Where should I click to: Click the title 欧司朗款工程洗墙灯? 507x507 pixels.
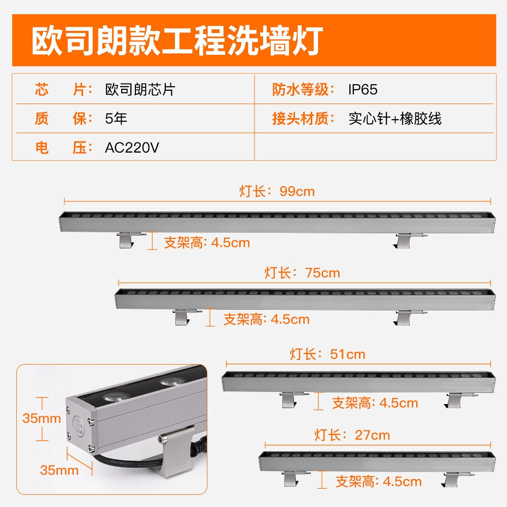177,41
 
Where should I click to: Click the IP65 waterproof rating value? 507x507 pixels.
363,90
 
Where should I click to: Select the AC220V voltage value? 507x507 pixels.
132,148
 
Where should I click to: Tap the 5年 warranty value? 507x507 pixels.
116,118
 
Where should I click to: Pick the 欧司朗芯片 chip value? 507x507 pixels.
140,90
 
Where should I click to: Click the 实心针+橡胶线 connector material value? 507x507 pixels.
395,118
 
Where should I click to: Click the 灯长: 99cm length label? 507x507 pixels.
277,191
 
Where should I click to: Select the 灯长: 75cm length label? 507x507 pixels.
302,273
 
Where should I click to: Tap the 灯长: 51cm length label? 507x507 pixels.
328,354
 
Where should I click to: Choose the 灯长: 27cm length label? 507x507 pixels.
352,435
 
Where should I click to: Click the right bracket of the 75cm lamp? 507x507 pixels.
405,317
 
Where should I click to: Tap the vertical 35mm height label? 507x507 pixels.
42,418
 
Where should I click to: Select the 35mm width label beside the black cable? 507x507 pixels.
59,470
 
